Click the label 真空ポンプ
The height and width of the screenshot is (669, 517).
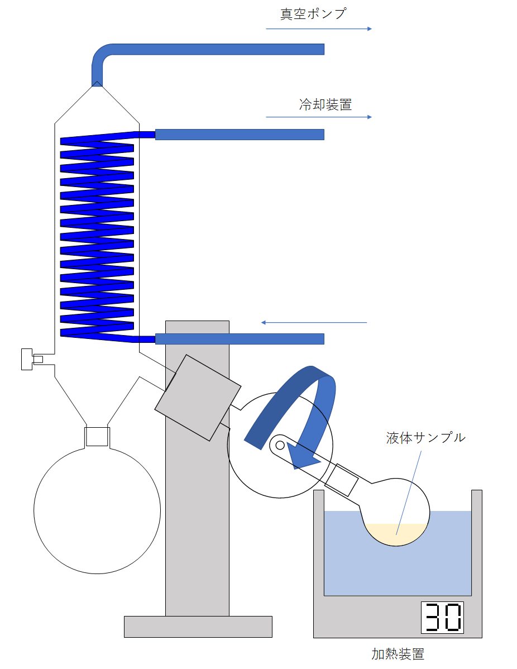[313, 13]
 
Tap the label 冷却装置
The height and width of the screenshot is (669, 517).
[325, 104]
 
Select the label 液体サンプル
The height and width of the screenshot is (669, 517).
[425, 438]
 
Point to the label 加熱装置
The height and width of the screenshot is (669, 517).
[398, 653]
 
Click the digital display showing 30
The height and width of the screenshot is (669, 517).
[442, 618]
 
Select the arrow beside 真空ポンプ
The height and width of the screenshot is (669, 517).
[318, 28]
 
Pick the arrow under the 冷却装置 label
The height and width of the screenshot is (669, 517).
[318, 117]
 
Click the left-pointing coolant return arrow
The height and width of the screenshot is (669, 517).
[314, 323]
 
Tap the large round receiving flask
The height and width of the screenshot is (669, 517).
[97, 509]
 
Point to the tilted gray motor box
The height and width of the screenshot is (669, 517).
[198, 397]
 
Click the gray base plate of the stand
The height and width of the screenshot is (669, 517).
[198, 626]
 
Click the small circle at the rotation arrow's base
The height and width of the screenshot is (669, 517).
[279, 445]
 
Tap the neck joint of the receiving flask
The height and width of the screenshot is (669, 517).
[97, 436]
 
